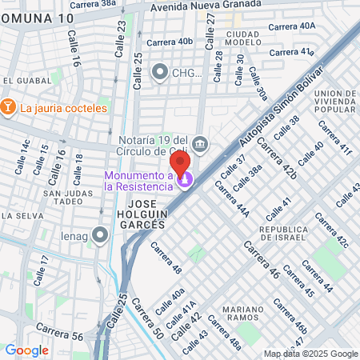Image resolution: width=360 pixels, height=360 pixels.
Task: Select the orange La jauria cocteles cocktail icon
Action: (x=8, y=107)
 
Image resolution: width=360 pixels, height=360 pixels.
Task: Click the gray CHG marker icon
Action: (x=158, y=73)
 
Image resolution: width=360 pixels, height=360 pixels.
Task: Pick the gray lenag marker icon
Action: (x=99, y=234)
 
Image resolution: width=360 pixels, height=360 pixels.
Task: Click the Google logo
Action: (x=27, y=350)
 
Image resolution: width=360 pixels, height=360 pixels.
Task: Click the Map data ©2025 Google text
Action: (x=311, y=354)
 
